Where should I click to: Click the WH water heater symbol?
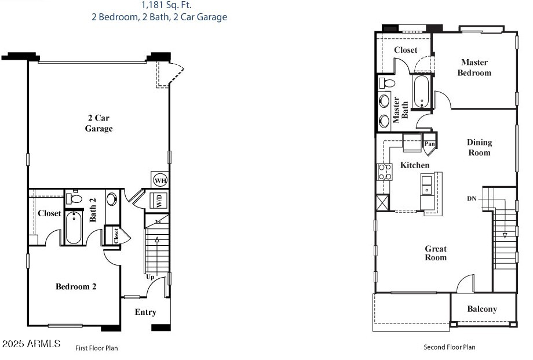click(x=160, y=181)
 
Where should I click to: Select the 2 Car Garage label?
click(x=98, y=123)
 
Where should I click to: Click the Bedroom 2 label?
click(x=76, y=286)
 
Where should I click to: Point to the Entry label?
click(x=145, y=312)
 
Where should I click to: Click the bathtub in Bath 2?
click(x=74, y=228)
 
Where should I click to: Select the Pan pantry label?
click(x=429, y=144)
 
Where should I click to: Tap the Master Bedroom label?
click(x=474, y=67)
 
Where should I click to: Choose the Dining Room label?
click(x=479, y=147)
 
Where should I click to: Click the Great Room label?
click(x=436, y=253)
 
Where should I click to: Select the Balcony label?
click(x=482, y=309)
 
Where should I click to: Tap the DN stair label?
click(x=472, y=199)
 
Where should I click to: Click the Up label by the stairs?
click(x=150, y=277)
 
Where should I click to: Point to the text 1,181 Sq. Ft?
click(x=159, y=5)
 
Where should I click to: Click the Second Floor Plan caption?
click(x=450, y=347)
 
